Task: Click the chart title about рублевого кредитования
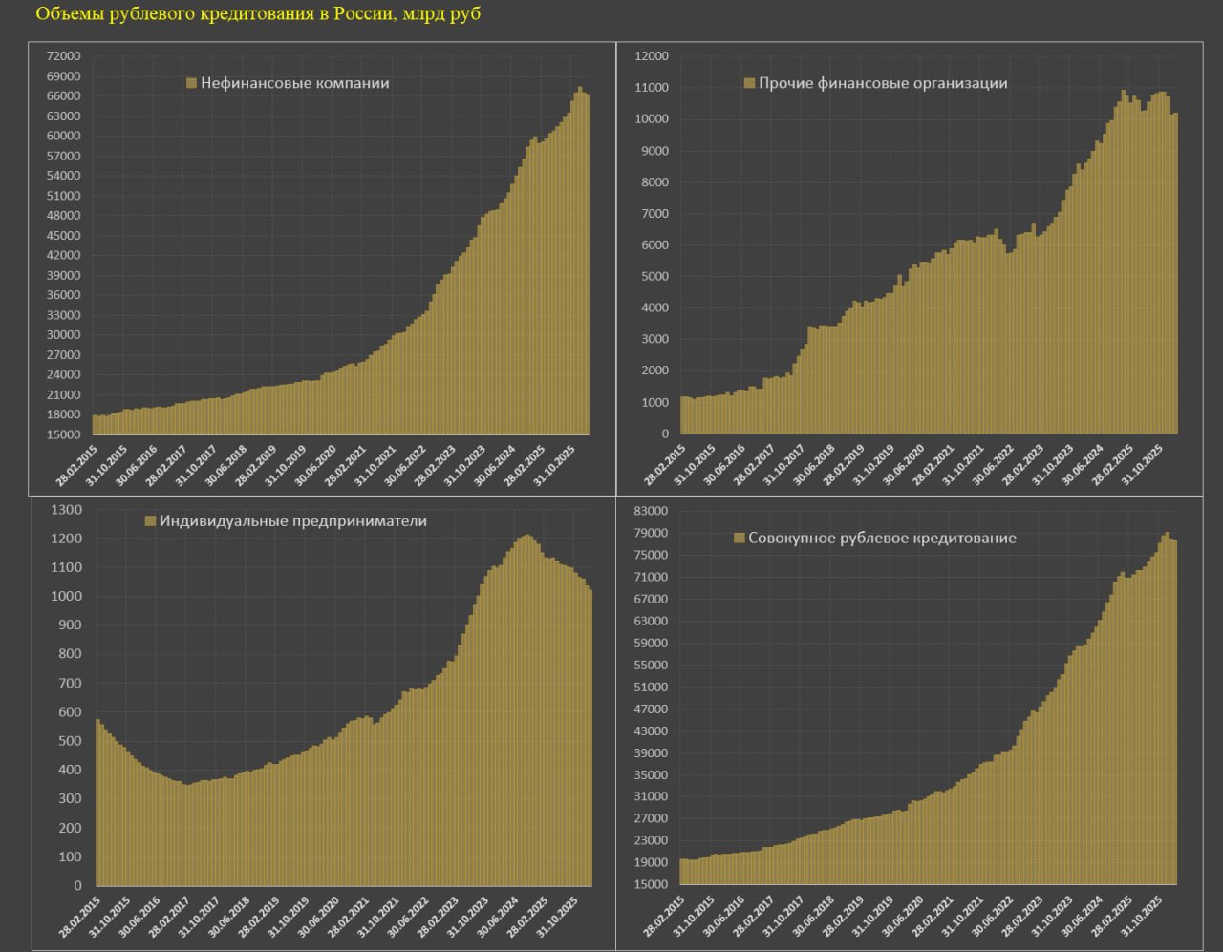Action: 258,15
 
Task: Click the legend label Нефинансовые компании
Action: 294,83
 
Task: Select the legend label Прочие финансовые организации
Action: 882,83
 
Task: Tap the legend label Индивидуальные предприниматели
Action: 292,521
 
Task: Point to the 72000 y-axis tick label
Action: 63,56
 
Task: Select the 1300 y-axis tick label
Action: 67,510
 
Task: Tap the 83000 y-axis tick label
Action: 652,512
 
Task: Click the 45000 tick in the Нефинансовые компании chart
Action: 63,236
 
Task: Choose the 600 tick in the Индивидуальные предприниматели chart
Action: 70,712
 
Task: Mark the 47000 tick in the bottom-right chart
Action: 652,709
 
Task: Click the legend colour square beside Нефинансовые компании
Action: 191,83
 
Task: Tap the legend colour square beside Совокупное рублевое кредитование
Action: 739,539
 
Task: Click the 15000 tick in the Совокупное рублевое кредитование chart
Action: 652,884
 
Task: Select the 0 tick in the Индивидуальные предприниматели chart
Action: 79,886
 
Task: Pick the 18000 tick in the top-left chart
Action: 63,414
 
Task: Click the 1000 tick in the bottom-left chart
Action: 67,597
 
